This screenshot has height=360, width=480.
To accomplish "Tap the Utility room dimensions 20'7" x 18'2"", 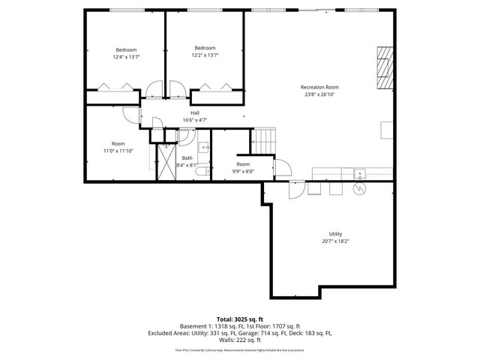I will click(335, 241).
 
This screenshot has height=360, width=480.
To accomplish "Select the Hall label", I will click(194, 113).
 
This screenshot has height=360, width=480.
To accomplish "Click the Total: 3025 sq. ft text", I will click(240, 319).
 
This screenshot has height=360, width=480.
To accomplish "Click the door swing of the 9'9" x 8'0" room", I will click(281, 169).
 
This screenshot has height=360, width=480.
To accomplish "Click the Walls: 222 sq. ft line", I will click(240, 339).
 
